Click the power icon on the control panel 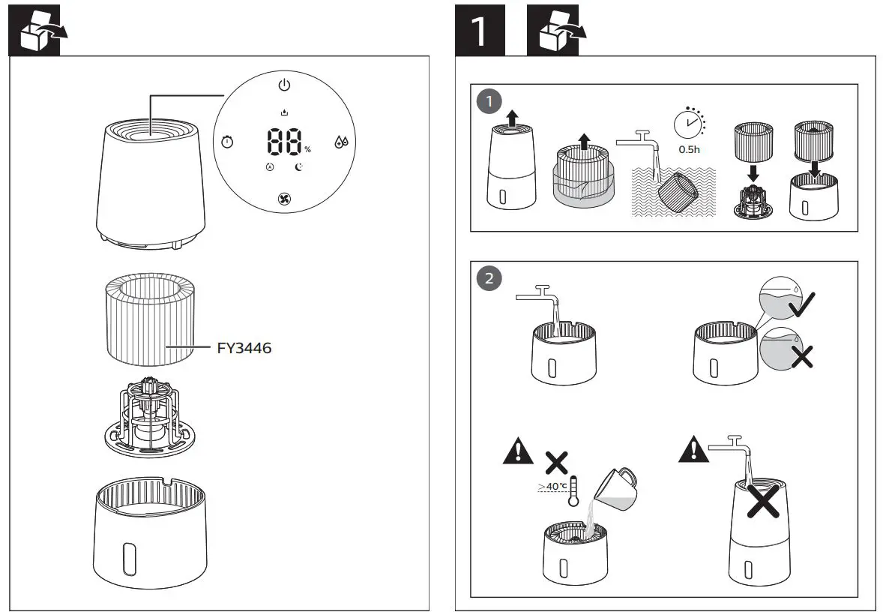click(x=284, y=85)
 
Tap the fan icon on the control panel click(x=285, y=199)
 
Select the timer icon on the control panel click(x=227, y=142)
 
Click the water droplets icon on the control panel click(x=341, y=142)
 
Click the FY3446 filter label click(x=244, y=348)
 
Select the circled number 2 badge click(x=489, y=278)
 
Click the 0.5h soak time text click(x=689, y=149)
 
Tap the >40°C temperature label click(x=552, y=487)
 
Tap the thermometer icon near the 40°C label click(x=574, y=492)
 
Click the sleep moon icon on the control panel click(x=299, y=166)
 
